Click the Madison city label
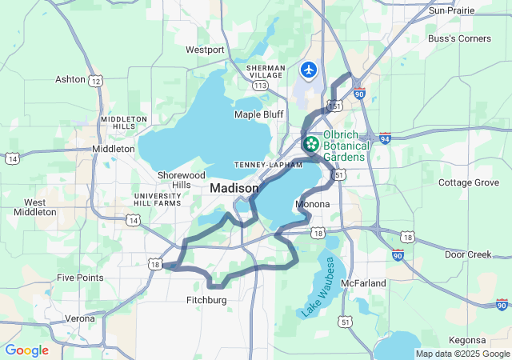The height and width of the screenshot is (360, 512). (x=234, y=188)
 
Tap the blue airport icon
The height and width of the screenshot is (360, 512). (x=309, y=70)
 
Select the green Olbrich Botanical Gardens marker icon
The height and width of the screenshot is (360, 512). (x=310, y=145)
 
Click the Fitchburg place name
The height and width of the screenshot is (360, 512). (x=202, y=300)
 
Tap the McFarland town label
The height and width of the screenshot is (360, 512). (x=363, y=283)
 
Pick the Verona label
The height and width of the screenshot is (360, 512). (x=79, y=318)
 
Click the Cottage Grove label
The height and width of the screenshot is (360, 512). (x=468, y=182)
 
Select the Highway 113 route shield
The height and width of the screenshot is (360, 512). (x=259, y=84)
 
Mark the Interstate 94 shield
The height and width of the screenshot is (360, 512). (x=386, y=138)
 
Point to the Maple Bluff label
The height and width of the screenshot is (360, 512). (x=258, y=114)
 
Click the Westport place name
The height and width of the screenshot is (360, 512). (x=205, y=50)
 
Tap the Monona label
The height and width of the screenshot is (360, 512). (x=312, y=205)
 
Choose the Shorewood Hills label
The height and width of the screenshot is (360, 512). (x=182, y=179)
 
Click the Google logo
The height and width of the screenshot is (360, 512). (x=26, y=350)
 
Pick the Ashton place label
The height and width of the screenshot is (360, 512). (x=70, y=79)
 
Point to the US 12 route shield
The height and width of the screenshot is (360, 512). (x=96, y=81)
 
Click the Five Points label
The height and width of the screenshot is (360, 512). (x=80, y=278)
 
